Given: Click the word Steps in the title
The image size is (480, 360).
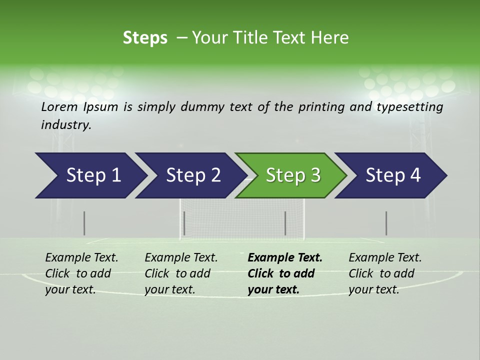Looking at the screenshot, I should coord(145,38).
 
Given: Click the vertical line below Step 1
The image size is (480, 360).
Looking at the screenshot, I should coord(84,223).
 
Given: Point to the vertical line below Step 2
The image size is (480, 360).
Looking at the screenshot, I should coord(184,223).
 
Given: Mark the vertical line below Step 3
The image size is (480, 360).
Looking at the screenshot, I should coord(285,223).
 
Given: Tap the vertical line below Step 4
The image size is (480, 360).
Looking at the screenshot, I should coord(386,223).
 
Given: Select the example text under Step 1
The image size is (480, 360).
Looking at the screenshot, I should coord(81,273).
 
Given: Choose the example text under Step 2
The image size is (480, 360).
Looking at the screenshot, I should coord(181,273).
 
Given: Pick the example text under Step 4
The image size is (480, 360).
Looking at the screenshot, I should coord(385,273).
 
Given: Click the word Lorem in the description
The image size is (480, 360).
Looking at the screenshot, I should coord(59,107).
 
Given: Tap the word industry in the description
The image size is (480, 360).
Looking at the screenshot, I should coord(65,125).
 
